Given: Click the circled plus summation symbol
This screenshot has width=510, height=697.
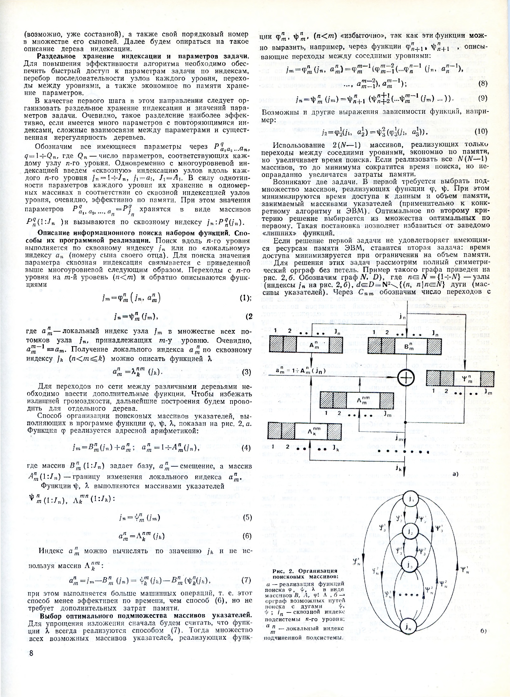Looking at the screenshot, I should coord(406,378).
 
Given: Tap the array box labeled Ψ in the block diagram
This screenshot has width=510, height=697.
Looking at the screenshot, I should coord(460,379).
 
